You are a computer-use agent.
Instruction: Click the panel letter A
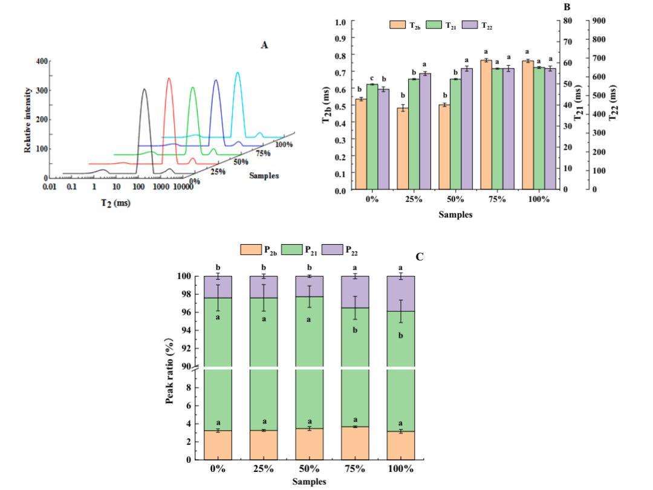(x=264, y=44)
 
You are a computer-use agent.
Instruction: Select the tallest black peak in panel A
(x=144, y=91)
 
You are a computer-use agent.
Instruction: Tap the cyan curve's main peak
(x=238, y=74)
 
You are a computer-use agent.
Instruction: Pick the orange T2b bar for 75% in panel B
(x=486, y=124)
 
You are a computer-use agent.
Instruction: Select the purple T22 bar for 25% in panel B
(x=425, y=131)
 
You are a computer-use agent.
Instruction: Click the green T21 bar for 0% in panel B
(x=372, y=136)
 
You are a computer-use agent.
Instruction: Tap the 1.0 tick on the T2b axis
(x=340, y=22)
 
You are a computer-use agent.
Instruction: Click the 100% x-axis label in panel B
(x=538, y=199)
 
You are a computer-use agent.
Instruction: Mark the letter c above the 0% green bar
(x=372, y=78)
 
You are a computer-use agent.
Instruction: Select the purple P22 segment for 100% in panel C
(x=400, y=294)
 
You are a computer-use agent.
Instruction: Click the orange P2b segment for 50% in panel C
(x=309, y=443)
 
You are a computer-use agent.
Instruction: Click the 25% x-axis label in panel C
(x=263, y=469)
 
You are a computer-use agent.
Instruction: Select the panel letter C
(x=420, y=257)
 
